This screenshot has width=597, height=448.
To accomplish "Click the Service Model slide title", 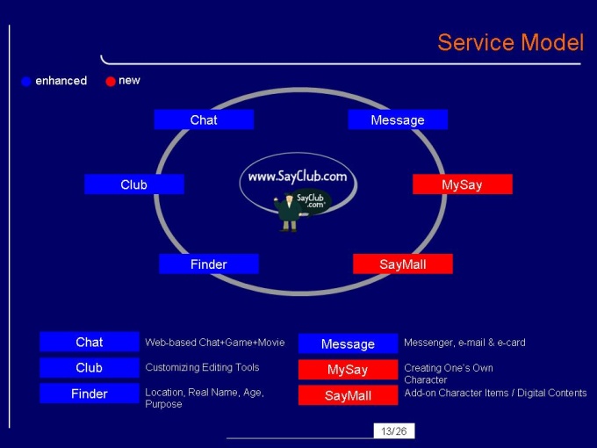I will coord(510,42).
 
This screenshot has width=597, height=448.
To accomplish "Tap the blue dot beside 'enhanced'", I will coord(26,82).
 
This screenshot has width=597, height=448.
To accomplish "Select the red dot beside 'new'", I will coord(111,82).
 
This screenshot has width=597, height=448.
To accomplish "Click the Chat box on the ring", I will coord(204,119).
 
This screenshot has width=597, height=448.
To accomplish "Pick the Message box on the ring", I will coord(398,119).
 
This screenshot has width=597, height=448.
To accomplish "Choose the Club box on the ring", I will coord(134,184).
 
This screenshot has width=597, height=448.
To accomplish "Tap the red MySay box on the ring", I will coord(462,184).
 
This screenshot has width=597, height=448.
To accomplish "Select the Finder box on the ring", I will coord(209,264).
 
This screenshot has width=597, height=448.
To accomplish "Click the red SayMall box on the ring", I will coord(402,264).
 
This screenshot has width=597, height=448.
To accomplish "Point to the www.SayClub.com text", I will coord(298,177).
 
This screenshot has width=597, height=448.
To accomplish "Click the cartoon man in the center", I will coord(287,212).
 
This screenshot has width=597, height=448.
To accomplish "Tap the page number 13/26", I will coord(392,430).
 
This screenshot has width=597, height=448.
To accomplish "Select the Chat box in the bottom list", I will coord(90,342).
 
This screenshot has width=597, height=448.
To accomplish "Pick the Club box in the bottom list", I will coord(90,367).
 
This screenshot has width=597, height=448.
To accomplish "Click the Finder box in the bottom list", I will coord(90,394).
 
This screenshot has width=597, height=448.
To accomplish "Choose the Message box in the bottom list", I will coord(348,343).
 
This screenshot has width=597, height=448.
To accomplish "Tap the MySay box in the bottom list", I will coord(348,369).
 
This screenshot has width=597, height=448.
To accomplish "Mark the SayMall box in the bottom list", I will coord(348,395).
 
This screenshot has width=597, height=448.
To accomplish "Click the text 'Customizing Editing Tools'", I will coord(202,367).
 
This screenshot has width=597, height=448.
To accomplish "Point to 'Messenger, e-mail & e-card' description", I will coord(464,342).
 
